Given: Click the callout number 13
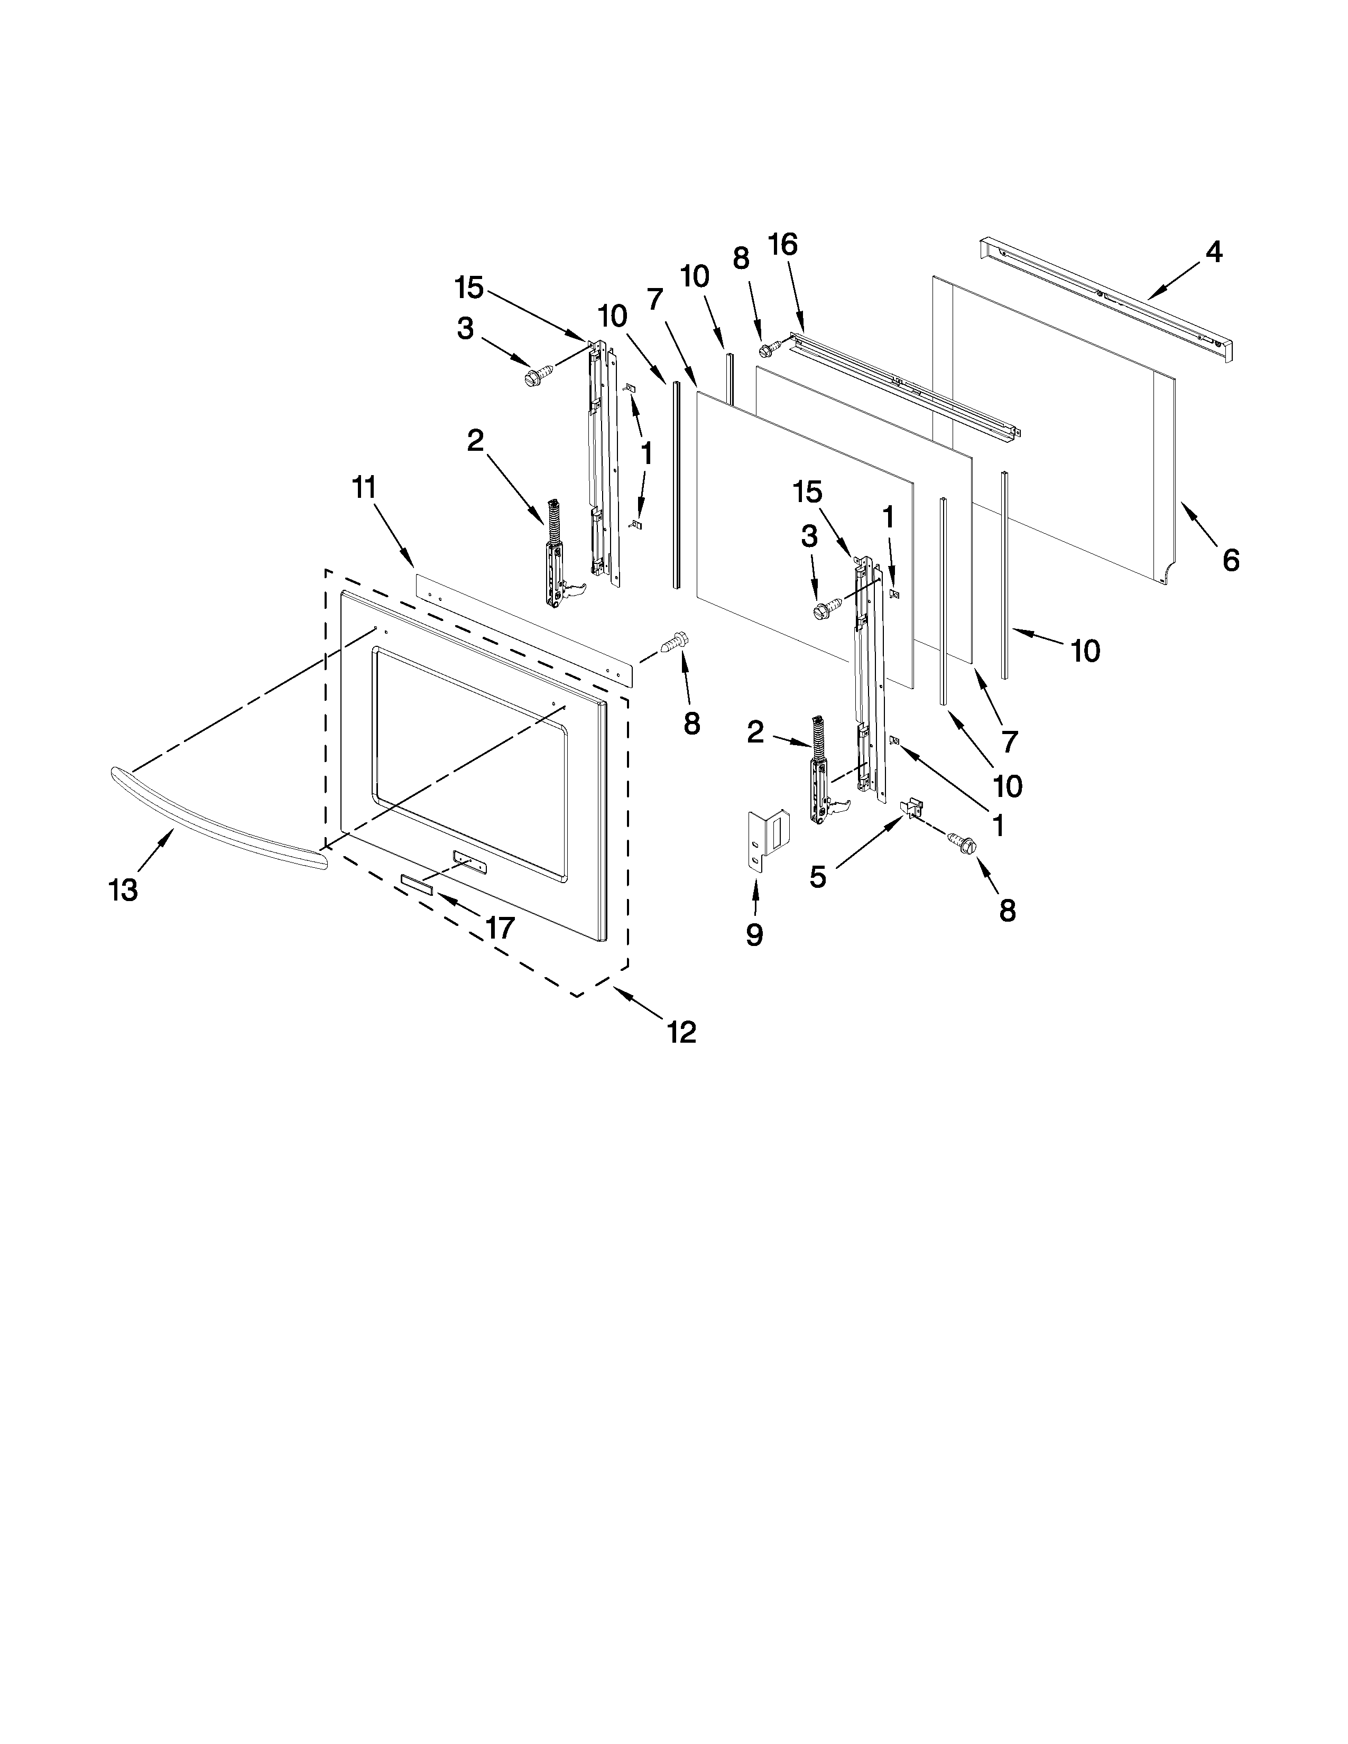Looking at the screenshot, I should (123, 889).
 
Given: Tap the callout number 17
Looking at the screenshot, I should (500, 927).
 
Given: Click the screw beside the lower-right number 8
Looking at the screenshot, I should (960, 841).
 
